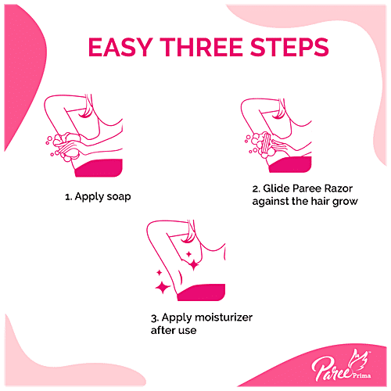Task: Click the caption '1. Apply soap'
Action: click(98, 196)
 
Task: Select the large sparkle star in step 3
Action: click(163, 288)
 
